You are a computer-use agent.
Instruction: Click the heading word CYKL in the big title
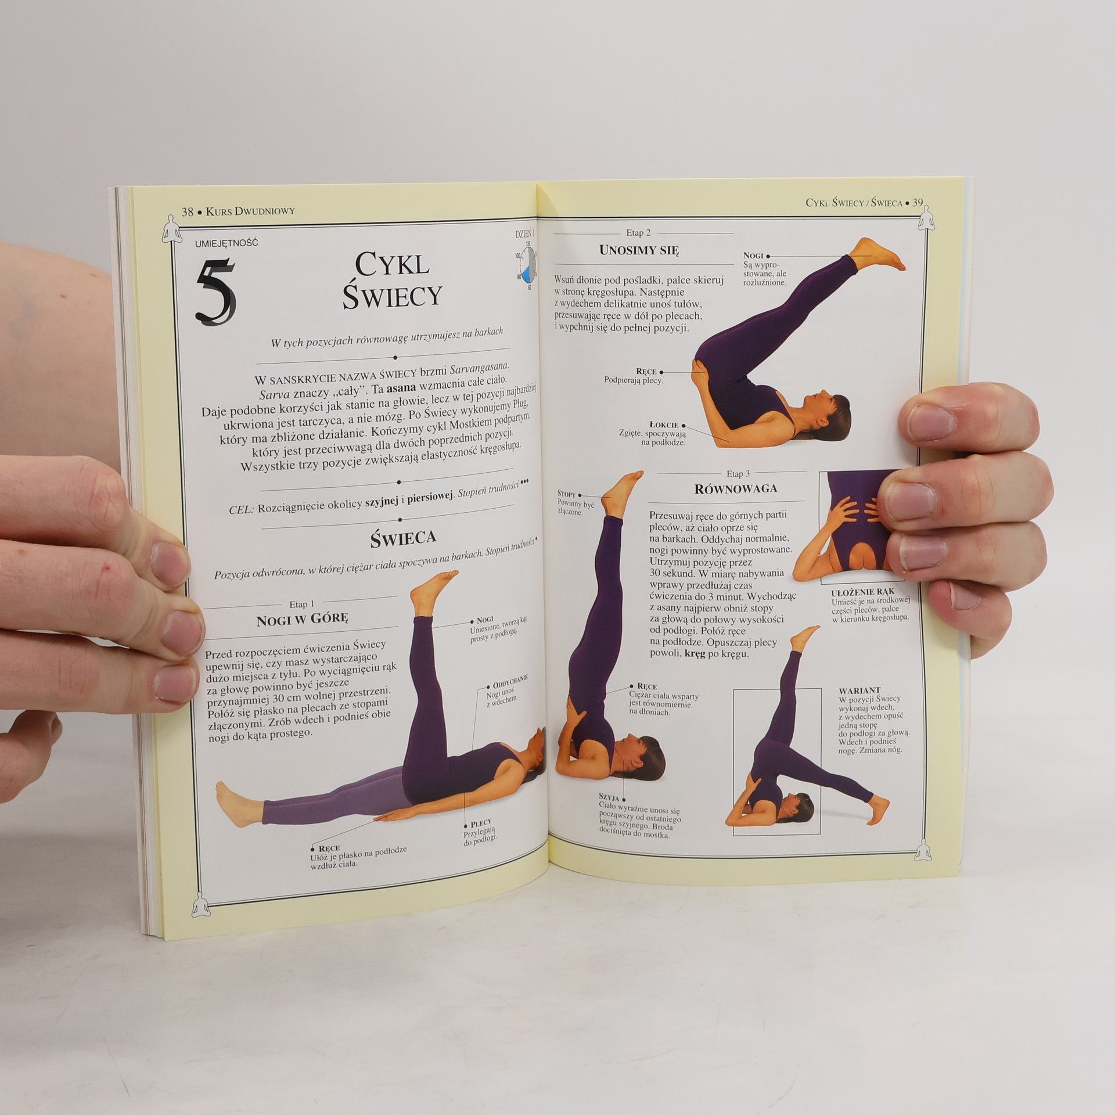click(x=392, y=265)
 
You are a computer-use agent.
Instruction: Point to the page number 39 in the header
click(x=918, y=203)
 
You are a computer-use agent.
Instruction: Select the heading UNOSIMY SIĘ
click(x=639, y=251)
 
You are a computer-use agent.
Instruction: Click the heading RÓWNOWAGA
click(x=736, y=488)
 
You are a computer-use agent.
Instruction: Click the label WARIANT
click(x=859, y=690)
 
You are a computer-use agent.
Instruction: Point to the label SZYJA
click(x=609, y=796)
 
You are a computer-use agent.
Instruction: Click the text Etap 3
click(x=738, y=473)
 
